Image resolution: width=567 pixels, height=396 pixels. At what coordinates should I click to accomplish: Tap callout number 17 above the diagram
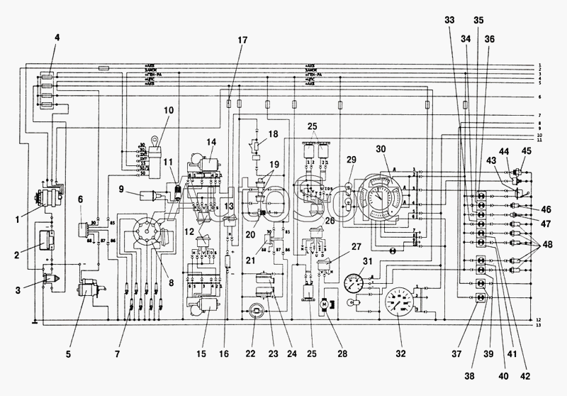pyautogui.click(x=243, y=40)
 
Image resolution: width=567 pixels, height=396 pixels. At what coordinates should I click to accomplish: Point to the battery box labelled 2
pyautogui.click(x=47, y=240)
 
